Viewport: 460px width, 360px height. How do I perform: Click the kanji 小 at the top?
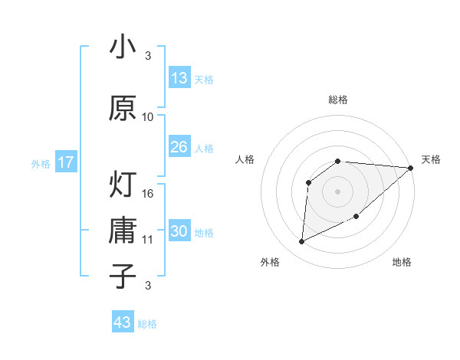pos(123,47)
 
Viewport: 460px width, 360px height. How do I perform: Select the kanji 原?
pos(123,108)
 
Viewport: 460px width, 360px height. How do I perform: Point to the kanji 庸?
pos(123,231)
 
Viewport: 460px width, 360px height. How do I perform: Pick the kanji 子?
pos(123,276)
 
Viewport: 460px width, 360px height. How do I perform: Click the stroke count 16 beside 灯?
pos(149,193)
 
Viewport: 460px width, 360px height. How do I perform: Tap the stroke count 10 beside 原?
pos(148,117)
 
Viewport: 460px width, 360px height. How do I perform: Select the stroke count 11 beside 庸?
pos(148,240)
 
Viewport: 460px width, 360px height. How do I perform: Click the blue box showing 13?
pos(179,78)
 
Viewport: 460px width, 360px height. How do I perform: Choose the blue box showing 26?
pos(179,147)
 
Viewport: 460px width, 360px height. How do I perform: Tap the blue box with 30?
pos(179,232)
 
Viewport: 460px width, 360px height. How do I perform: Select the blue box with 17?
pos(65,162)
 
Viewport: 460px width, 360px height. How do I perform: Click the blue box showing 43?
pos(123,322)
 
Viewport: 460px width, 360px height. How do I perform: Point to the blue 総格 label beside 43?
pos(148,324)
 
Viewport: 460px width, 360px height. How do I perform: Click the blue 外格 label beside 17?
pos(40,163)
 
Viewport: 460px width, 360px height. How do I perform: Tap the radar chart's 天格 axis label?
pos(432,159)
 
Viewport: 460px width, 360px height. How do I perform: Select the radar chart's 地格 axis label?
pos(402,263)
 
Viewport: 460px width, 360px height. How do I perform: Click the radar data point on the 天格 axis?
pos(411,168)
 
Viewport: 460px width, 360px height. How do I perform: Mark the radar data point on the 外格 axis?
pos(301,242)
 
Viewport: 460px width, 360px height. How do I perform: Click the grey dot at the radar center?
pos(337,191)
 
